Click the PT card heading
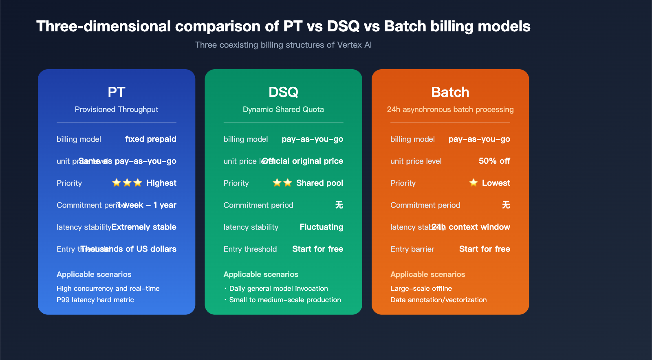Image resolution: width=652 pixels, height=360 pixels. (116, 92)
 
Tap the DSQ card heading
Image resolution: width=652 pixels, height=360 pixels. (283, 92)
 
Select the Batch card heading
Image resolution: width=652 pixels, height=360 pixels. (450, 92)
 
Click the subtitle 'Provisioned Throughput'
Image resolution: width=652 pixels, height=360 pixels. (116, 110)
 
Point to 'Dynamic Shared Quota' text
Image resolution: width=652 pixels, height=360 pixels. (283, 110)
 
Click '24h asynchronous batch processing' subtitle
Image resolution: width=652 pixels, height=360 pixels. (450, 110)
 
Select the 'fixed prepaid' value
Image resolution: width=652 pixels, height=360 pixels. (150, 139)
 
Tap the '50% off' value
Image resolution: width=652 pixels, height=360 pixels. (494, 161)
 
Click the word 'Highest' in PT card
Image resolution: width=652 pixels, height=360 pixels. (161, 183)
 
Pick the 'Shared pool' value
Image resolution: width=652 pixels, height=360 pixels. (319, 183)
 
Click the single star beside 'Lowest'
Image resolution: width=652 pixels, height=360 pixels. (473, 183)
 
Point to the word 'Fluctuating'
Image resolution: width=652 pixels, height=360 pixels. (321, 227)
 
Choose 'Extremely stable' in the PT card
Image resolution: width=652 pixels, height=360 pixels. (144, 227)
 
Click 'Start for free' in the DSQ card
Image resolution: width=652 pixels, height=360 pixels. (317, 249)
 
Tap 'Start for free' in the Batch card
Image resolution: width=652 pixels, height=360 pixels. (485, 249)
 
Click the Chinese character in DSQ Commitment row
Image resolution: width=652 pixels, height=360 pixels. (339, 205)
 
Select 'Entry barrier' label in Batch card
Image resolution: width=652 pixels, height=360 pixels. (412, 249)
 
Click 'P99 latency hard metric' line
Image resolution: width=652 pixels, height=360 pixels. (95, 300)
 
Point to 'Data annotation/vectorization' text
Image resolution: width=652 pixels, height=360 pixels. (438, 300)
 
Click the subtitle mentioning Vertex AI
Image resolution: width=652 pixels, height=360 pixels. (283, 45)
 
